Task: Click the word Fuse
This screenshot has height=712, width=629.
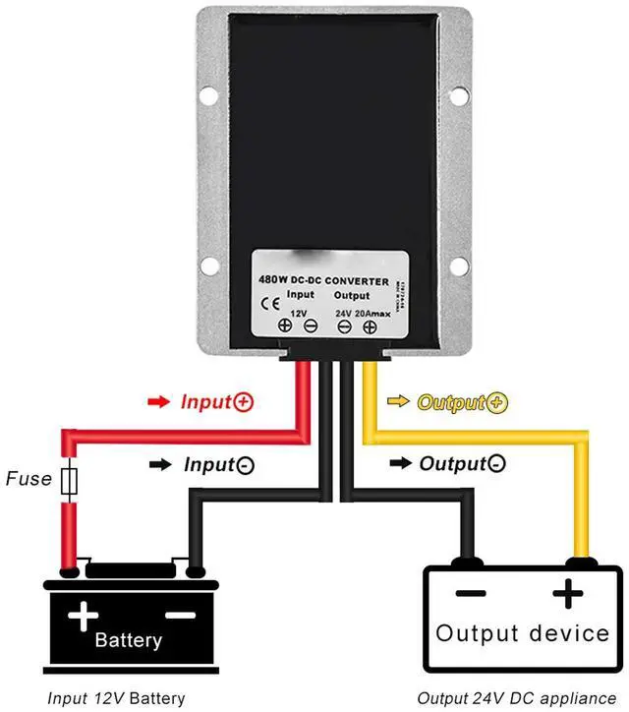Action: pyautogui.click(x=29, y=480)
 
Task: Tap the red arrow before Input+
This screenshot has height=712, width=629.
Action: pyautogui.click(x=157, y=402)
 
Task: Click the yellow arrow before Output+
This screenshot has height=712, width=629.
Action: pyautogui.click(x=399, y=402)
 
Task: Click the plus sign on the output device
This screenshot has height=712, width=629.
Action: pyautogui.click(x=567, y=594)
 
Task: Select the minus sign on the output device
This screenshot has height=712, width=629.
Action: pyautogui.click(x=471, y=594)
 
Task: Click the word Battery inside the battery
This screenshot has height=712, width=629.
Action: pyautogui.click(x=129, y=640)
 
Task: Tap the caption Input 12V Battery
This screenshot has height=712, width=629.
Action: pyautogui.click(x=115, y=698)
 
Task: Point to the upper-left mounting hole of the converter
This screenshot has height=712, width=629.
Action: pyautogui.click(x=207, y=96)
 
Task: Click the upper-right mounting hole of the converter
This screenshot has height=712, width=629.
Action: pyautogui.click(x=459, y=96)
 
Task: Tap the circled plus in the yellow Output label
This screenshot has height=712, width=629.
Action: pyautogui.click(x=497, y=402)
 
